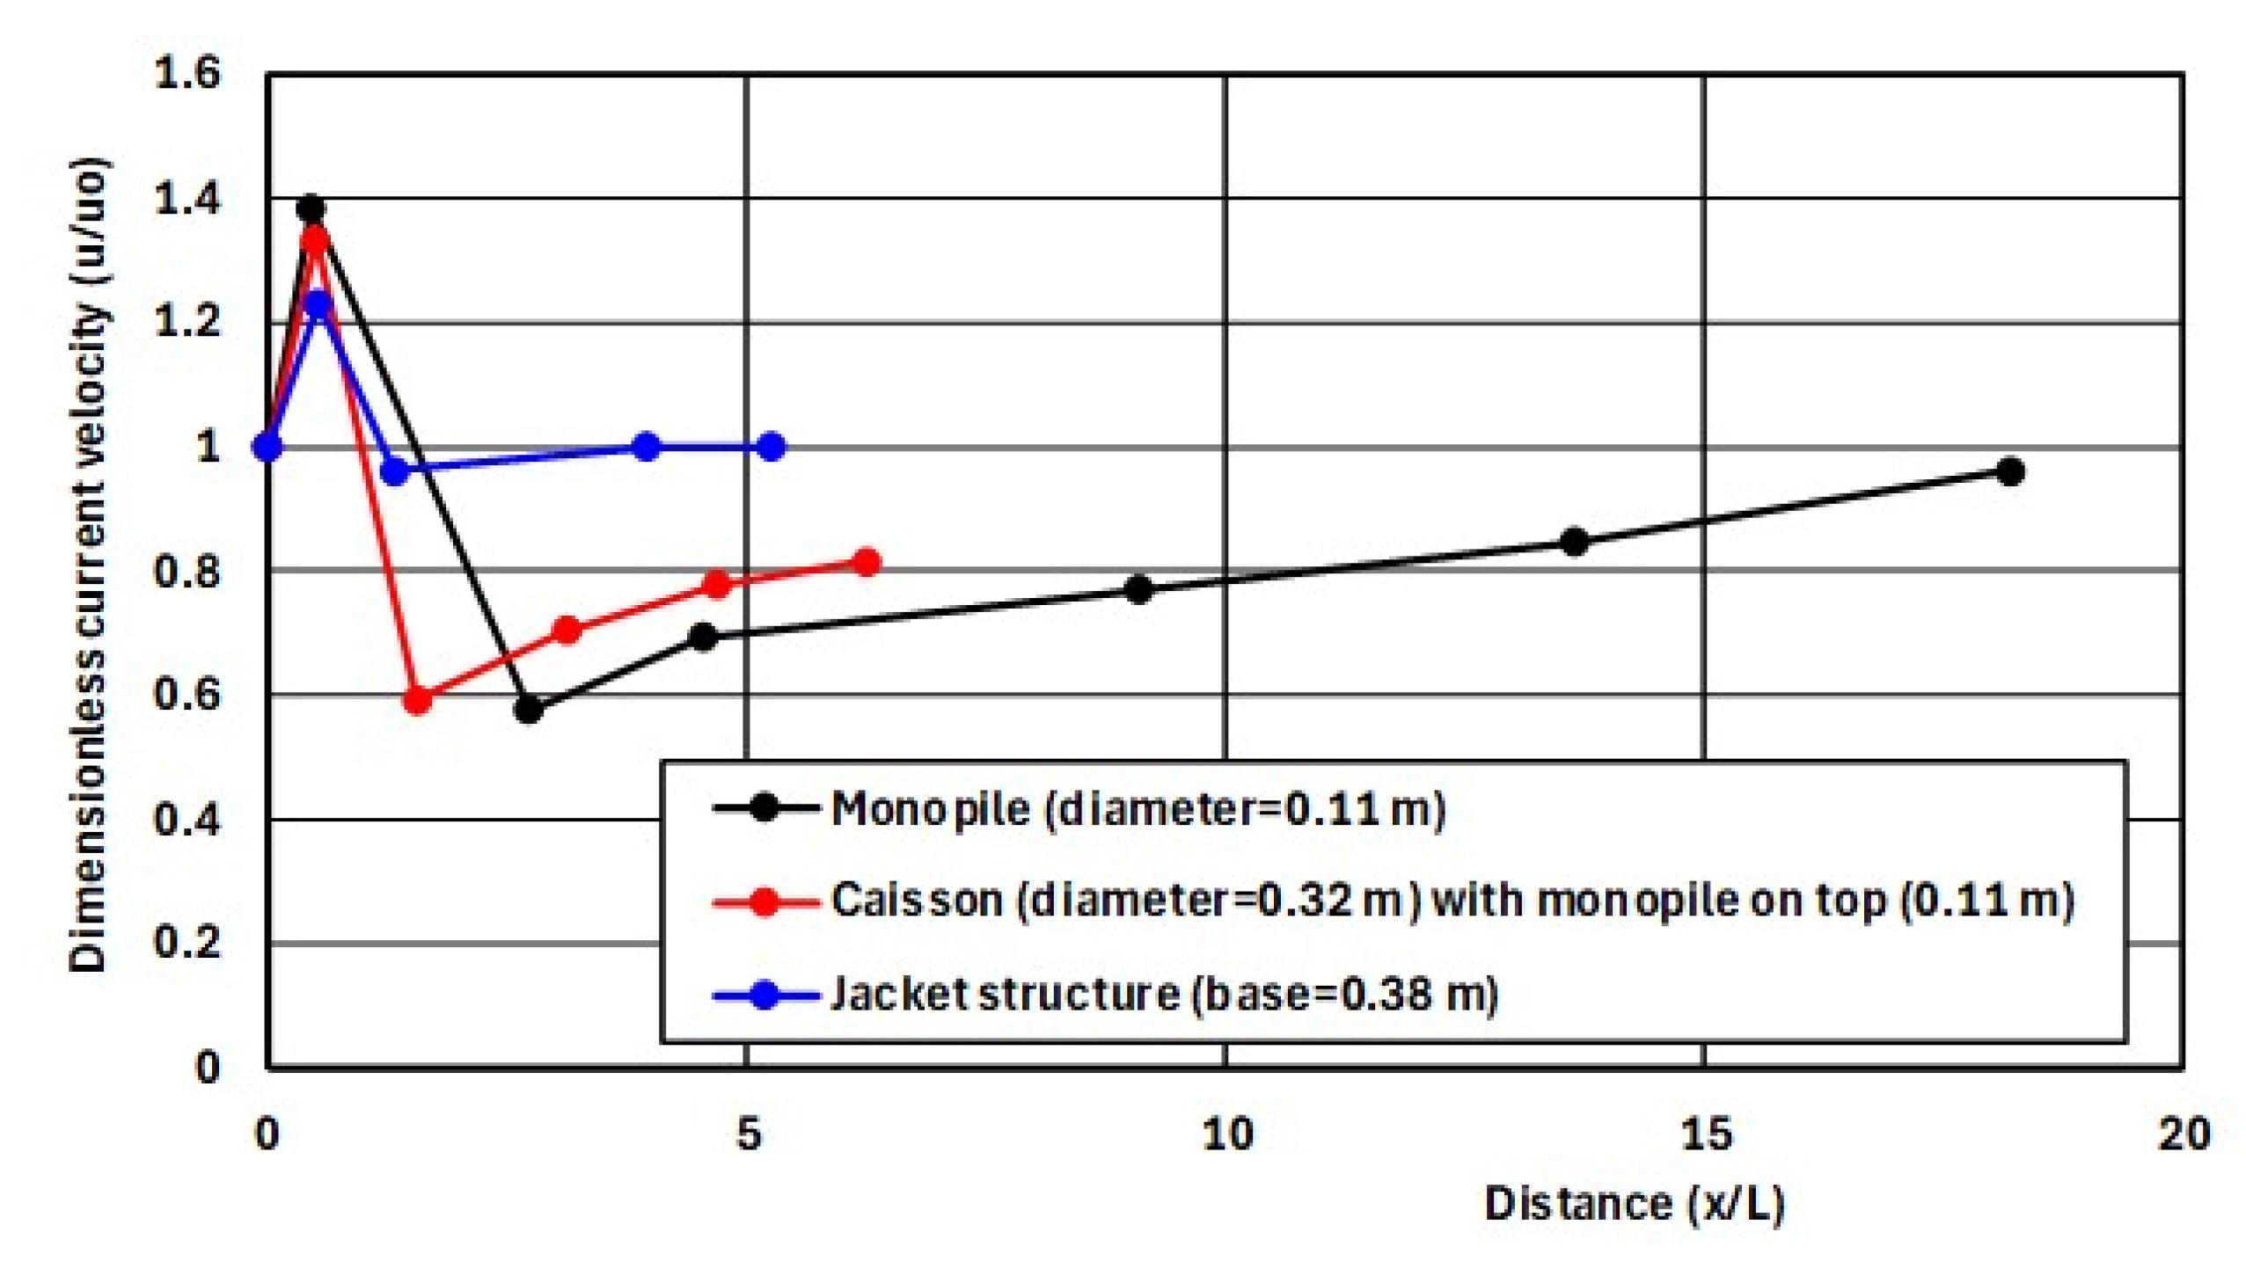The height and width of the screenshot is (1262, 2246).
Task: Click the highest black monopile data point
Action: tap(311, 209)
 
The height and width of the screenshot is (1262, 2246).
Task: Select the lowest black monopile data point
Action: tap(528, 708)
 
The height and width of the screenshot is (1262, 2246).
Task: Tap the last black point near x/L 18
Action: tap(2009, 471)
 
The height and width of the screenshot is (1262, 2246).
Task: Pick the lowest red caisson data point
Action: tap(418, 700)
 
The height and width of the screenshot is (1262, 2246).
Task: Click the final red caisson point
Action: tap(867, 562)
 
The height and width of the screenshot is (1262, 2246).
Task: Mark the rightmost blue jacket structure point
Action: tap(772, 447)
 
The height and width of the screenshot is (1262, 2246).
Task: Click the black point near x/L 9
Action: tap(1138, 588)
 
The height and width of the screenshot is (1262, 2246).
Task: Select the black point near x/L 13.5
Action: tap(1574, 542)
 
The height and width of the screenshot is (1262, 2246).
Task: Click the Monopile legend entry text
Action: tap(1138, 808)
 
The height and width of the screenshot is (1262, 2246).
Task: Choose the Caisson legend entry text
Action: tap(1452, 901)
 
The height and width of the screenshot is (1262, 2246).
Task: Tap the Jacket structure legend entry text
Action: tap(1163, 995)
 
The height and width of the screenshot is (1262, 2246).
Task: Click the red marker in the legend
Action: tap(765, 901)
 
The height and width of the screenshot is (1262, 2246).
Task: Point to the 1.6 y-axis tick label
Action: tap(187, 73)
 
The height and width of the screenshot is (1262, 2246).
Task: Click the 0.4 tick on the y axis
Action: tap(187, 820)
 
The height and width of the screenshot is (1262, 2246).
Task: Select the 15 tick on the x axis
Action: tap(1706, 1134)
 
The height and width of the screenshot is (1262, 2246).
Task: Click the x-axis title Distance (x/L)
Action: tap(1634, 1204)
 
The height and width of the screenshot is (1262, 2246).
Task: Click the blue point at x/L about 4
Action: tap(647, 447)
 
